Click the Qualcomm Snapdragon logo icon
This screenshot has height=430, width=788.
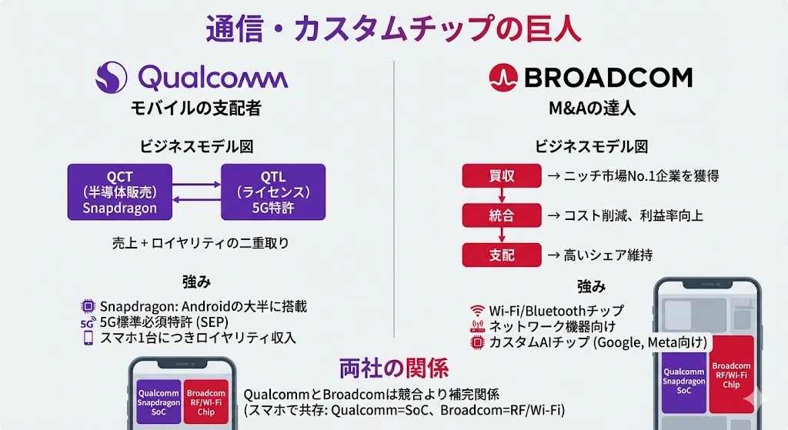111,78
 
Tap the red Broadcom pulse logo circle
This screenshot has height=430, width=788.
503,78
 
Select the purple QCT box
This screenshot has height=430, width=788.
119,192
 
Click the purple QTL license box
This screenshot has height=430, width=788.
273,192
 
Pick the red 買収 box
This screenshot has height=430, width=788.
502,176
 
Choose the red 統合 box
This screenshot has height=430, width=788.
502,215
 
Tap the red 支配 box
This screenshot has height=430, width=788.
502,255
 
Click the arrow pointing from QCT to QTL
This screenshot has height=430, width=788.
196,185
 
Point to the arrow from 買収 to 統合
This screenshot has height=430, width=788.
502,195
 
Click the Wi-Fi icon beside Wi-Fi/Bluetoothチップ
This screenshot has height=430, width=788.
477,310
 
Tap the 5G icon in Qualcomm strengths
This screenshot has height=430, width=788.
88,322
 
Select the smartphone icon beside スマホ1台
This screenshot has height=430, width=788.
88,338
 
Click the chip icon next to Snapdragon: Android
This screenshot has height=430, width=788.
88,306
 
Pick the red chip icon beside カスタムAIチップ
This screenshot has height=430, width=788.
477,342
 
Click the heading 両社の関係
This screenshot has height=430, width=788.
394,368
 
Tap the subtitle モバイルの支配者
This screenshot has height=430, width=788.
196,108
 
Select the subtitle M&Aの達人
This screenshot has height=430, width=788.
592,108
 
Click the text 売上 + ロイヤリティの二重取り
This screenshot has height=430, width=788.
201,244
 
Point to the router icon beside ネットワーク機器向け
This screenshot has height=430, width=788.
477,326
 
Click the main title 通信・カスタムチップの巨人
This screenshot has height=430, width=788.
394,28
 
